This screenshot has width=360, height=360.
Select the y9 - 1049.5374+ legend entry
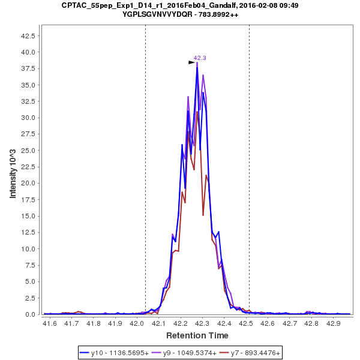[x=183, y=353]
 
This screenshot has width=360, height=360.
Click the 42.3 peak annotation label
[x=200, y=58]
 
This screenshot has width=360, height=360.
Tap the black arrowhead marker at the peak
[x=191, y=62]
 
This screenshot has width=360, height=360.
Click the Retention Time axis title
[x=196, y=335]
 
